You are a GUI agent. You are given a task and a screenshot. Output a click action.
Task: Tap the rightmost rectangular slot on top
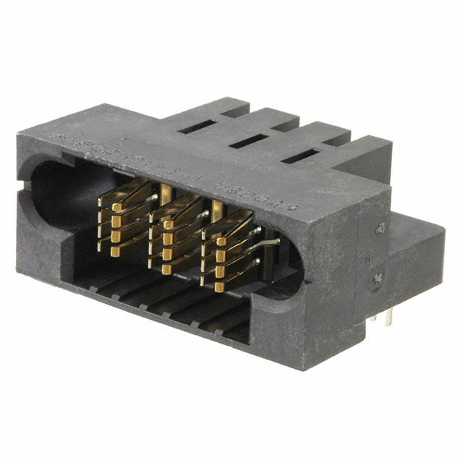[298, 156]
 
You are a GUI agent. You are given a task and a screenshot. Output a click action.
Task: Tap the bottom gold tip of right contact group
[219, 286]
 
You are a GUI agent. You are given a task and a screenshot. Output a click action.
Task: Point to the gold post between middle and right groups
[216, 208]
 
